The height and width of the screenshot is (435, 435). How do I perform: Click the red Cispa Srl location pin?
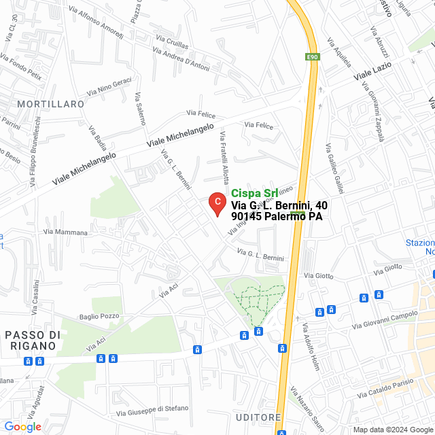[216, 203]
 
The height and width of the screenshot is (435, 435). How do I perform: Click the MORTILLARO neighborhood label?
[52, 104]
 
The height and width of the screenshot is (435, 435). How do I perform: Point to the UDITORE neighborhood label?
[258, 417]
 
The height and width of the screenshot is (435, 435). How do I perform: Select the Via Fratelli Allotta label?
[224, 157]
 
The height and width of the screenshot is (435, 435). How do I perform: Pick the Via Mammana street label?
[66, 232]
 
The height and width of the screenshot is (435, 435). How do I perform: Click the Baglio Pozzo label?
[99, 316]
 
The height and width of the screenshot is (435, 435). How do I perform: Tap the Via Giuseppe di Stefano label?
[152, 410]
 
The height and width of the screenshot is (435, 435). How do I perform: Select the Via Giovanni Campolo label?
[384, 320]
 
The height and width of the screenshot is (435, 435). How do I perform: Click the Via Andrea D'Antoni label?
[181, 59]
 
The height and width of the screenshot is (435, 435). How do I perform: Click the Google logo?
[22, 427]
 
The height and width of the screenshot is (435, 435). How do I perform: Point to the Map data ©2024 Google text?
[392, 429]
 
